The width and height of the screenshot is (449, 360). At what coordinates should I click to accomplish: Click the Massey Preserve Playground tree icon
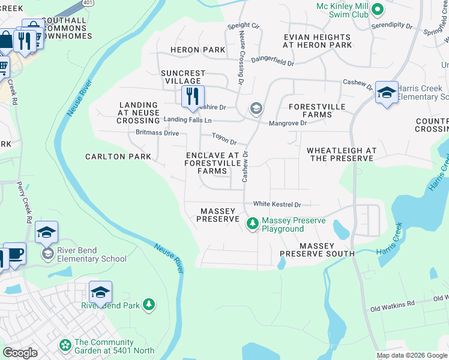253,224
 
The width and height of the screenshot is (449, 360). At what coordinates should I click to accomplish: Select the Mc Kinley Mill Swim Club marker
378,9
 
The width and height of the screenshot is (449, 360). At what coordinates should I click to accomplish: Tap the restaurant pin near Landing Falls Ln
193,97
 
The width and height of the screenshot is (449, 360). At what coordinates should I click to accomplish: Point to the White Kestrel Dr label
277,205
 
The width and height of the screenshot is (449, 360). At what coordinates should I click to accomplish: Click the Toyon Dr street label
224,140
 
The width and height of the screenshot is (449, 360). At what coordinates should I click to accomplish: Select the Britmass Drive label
157,133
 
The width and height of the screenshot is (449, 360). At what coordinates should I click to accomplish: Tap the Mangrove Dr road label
288,123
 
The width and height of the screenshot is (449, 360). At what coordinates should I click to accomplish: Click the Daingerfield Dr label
272,62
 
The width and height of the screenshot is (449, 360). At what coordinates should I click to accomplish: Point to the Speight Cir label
243,26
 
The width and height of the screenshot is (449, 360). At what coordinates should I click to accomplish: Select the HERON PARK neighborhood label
192,50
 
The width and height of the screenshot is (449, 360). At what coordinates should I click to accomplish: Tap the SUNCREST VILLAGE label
183,77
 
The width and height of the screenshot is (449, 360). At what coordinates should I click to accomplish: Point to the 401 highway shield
88,3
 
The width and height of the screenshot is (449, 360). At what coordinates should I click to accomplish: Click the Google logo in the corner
20,353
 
